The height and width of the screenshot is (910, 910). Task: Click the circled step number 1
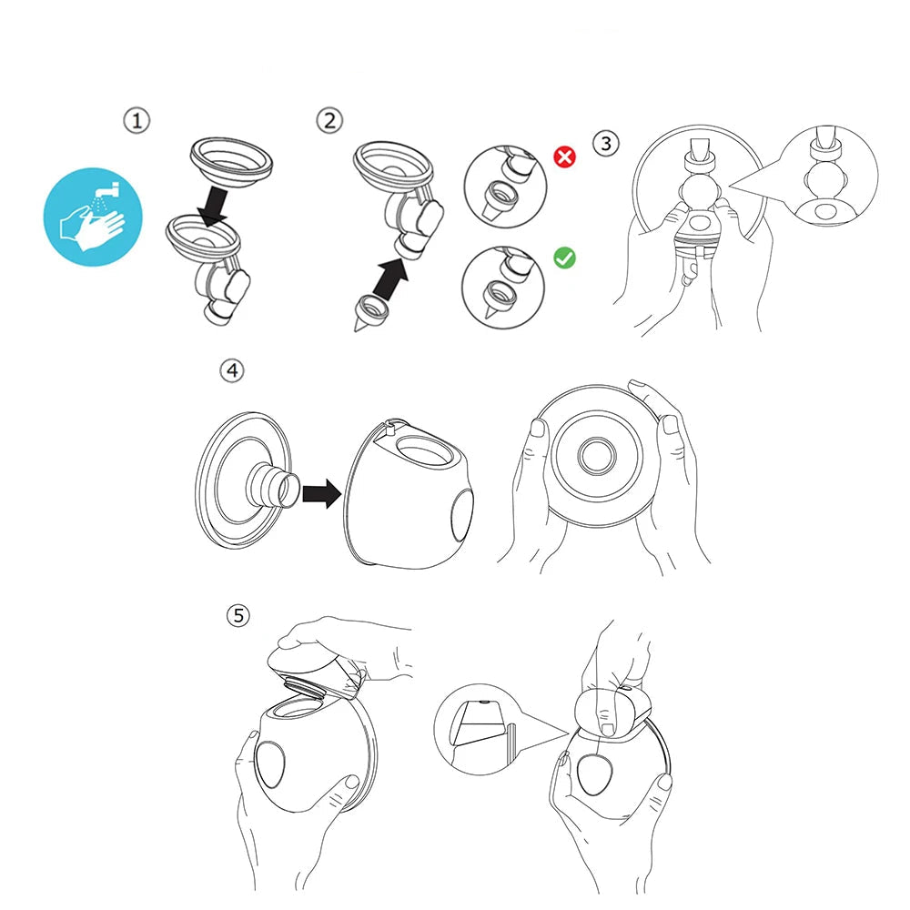pyautogui.click(x=136, y=121)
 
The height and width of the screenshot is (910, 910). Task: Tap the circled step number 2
pyautogui.click(x=329, y=120)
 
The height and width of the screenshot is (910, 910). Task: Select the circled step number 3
pyautogui.click(x=606, y=143)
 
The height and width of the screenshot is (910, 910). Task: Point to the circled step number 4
pyautogui.click(x=233, y=370)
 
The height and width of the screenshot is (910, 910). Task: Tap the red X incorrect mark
pyautogui.click(x=565, y=157)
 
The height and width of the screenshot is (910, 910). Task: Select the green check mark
pyautogui.click(x=565, y=258)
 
